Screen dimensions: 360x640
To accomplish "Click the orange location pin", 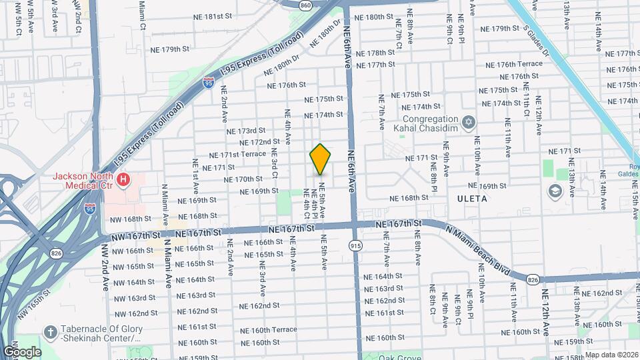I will click(x=320, y=159).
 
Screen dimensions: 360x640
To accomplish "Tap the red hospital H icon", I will click(x=123, y=179).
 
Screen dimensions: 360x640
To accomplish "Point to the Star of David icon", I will click(x=469, y=122).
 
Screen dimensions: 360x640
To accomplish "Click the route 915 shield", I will click(x=356, y=246).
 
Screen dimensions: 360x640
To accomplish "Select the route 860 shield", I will click(x=305, y=5).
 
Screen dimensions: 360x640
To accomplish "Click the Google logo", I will click(x=22, y=351).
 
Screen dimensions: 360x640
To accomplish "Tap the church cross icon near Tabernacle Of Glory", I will click(x=50, y=333).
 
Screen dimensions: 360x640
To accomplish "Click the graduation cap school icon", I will click(x=555, y=192).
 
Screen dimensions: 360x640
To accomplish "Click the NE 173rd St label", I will click(x=246, y=131).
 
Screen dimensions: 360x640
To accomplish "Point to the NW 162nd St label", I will click(x=135, y=313).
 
